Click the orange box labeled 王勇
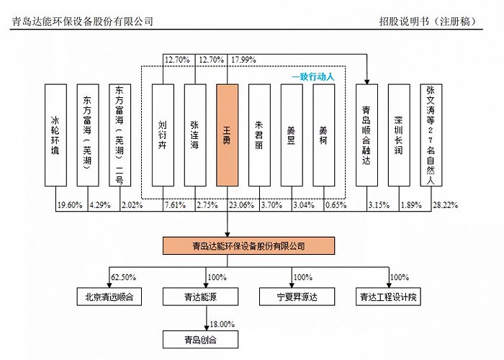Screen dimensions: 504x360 [228, 135]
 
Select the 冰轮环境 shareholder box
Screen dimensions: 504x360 [55, 135]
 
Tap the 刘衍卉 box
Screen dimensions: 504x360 [163, 135]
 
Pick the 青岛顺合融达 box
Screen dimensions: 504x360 [366, 135]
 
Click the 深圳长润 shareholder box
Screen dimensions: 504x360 [399, 135]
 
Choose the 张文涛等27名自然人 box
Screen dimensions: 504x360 [431, 135]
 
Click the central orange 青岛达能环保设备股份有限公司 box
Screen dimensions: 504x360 [249, 246]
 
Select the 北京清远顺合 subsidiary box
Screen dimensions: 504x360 [109, 297]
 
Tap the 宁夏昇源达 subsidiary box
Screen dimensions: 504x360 [297, 297]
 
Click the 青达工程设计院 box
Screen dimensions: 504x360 [388, 297]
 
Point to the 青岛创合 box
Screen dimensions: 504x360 [201, 340]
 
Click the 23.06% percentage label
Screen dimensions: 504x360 [241, 205]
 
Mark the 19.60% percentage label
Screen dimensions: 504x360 [70, 205]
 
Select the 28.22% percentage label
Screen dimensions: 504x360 [445, 205]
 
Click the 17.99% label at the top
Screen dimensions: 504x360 [243, 60]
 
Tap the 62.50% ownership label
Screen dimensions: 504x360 [123, 277]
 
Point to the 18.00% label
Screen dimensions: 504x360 [222, 324]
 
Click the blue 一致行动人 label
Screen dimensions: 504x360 [313, 77]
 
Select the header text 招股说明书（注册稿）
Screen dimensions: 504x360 [428, 22]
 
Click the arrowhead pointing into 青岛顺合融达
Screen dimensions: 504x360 [366, 82]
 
